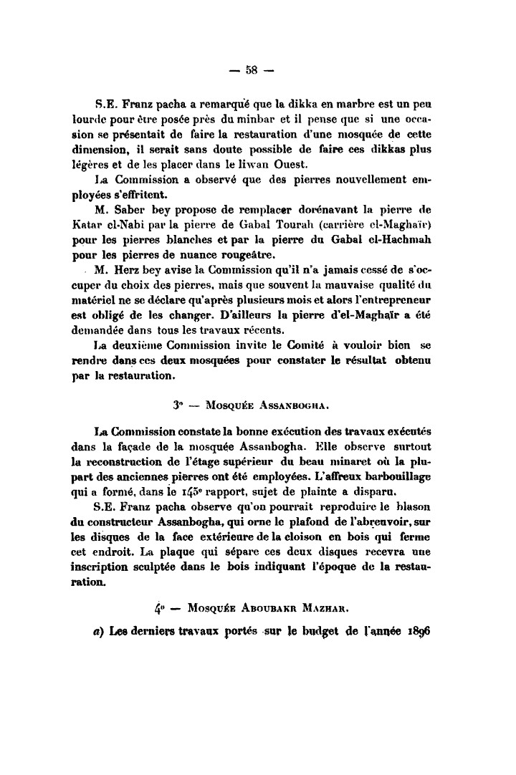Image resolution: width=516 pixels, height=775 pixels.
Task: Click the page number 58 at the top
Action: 251,69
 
